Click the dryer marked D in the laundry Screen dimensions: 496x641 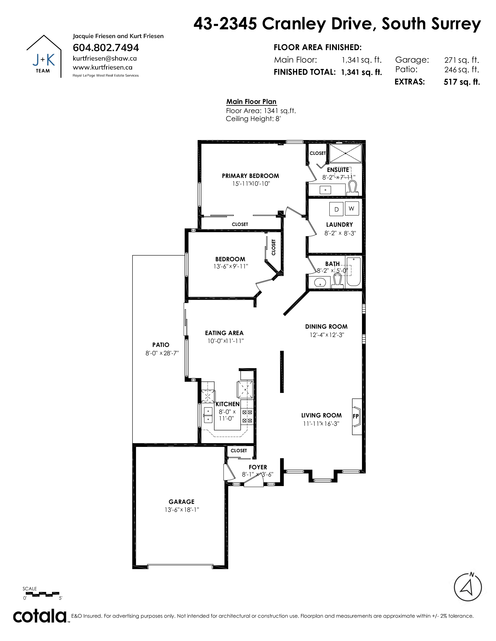(337, 209)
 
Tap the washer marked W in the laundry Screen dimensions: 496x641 (351, 208)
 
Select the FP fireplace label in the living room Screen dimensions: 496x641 (356, 416)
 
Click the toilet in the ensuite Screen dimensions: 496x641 (352, 188)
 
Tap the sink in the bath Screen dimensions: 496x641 (320, 282)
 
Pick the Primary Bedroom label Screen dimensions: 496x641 (250, 176)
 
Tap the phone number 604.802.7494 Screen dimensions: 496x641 (106, 48)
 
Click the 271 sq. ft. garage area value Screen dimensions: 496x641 (462, 60)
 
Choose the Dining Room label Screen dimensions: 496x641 (326, 327)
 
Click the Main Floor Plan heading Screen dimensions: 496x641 (251, 102)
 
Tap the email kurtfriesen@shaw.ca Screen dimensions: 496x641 (105, 58)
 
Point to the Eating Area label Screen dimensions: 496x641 (224, 333)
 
